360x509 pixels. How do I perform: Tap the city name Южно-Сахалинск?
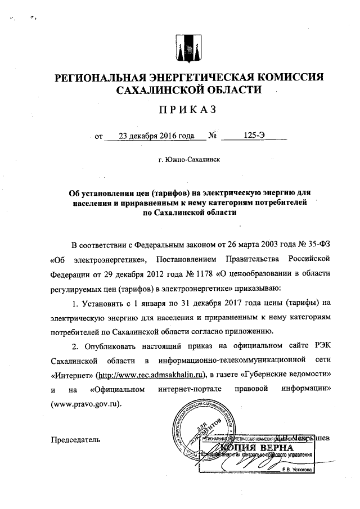coord(189,160)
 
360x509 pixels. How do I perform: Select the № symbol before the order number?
coord(213,136)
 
